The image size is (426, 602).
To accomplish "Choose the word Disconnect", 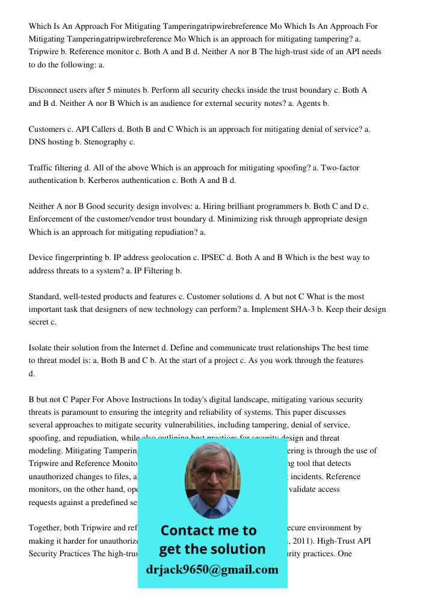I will coord(50,90).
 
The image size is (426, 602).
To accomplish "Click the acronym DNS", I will coord(37,142).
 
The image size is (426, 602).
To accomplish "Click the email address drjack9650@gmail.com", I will coord(212,569).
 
